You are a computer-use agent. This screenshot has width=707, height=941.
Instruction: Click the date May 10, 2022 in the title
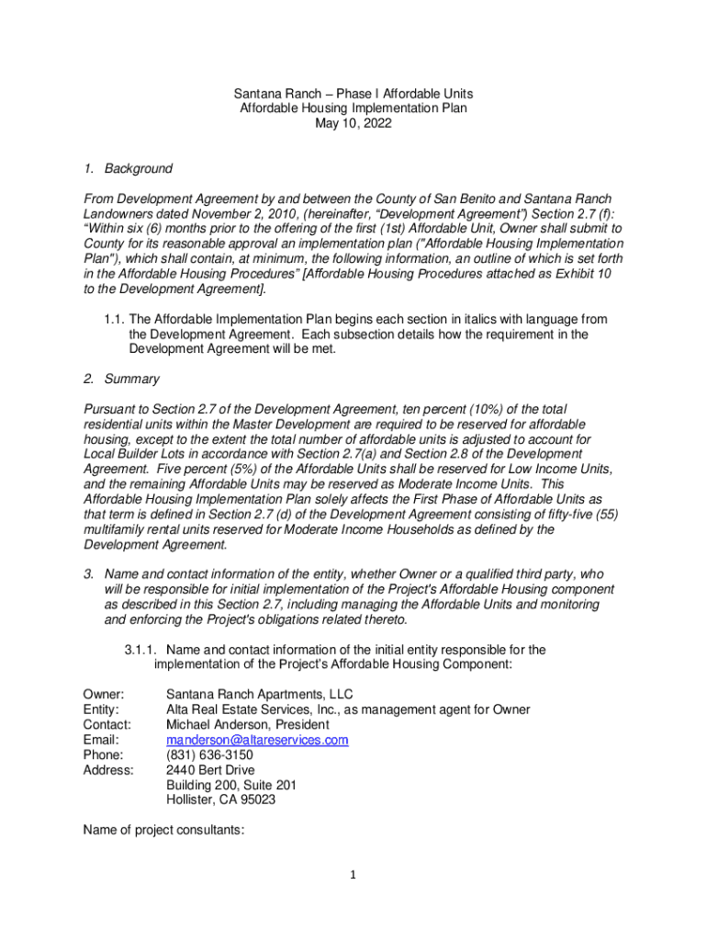(x=353, y=123)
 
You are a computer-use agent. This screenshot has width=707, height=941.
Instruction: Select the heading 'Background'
(x=138, y=168)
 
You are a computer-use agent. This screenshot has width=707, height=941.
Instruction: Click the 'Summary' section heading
(x=131, y=379)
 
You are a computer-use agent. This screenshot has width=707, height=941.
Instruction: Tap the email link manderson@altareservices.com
(x=257, y=740)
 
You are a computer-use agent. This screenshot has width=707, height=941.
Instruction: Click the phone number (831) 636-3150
(x=209, y=754)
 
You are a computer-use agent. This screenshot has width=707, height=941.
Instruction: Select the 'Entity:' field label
(x=100, y=709)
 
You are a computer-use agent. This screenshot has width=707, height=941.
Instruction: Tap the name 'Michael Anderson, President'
(x=248, y=724)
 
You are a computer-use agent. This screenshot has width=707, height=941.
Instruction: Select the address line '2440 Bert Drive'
(x=210, y=770)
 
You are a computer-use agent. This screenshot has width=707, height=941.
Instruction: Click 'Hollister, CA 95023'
(x=220, y=799)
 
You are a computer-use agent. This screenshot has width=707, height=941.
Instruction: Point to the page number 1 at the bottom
(x=352, y=874)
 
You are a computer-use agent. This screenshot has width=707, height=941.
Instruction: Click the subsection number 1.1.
(x=114, y=319)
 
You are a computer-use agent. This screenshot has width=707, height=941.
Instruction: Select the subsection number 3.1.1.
(x=142, y=650)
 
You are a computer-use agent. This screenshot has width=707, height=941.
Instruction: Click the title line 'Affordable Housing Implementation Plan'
(x=353, y=108)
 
